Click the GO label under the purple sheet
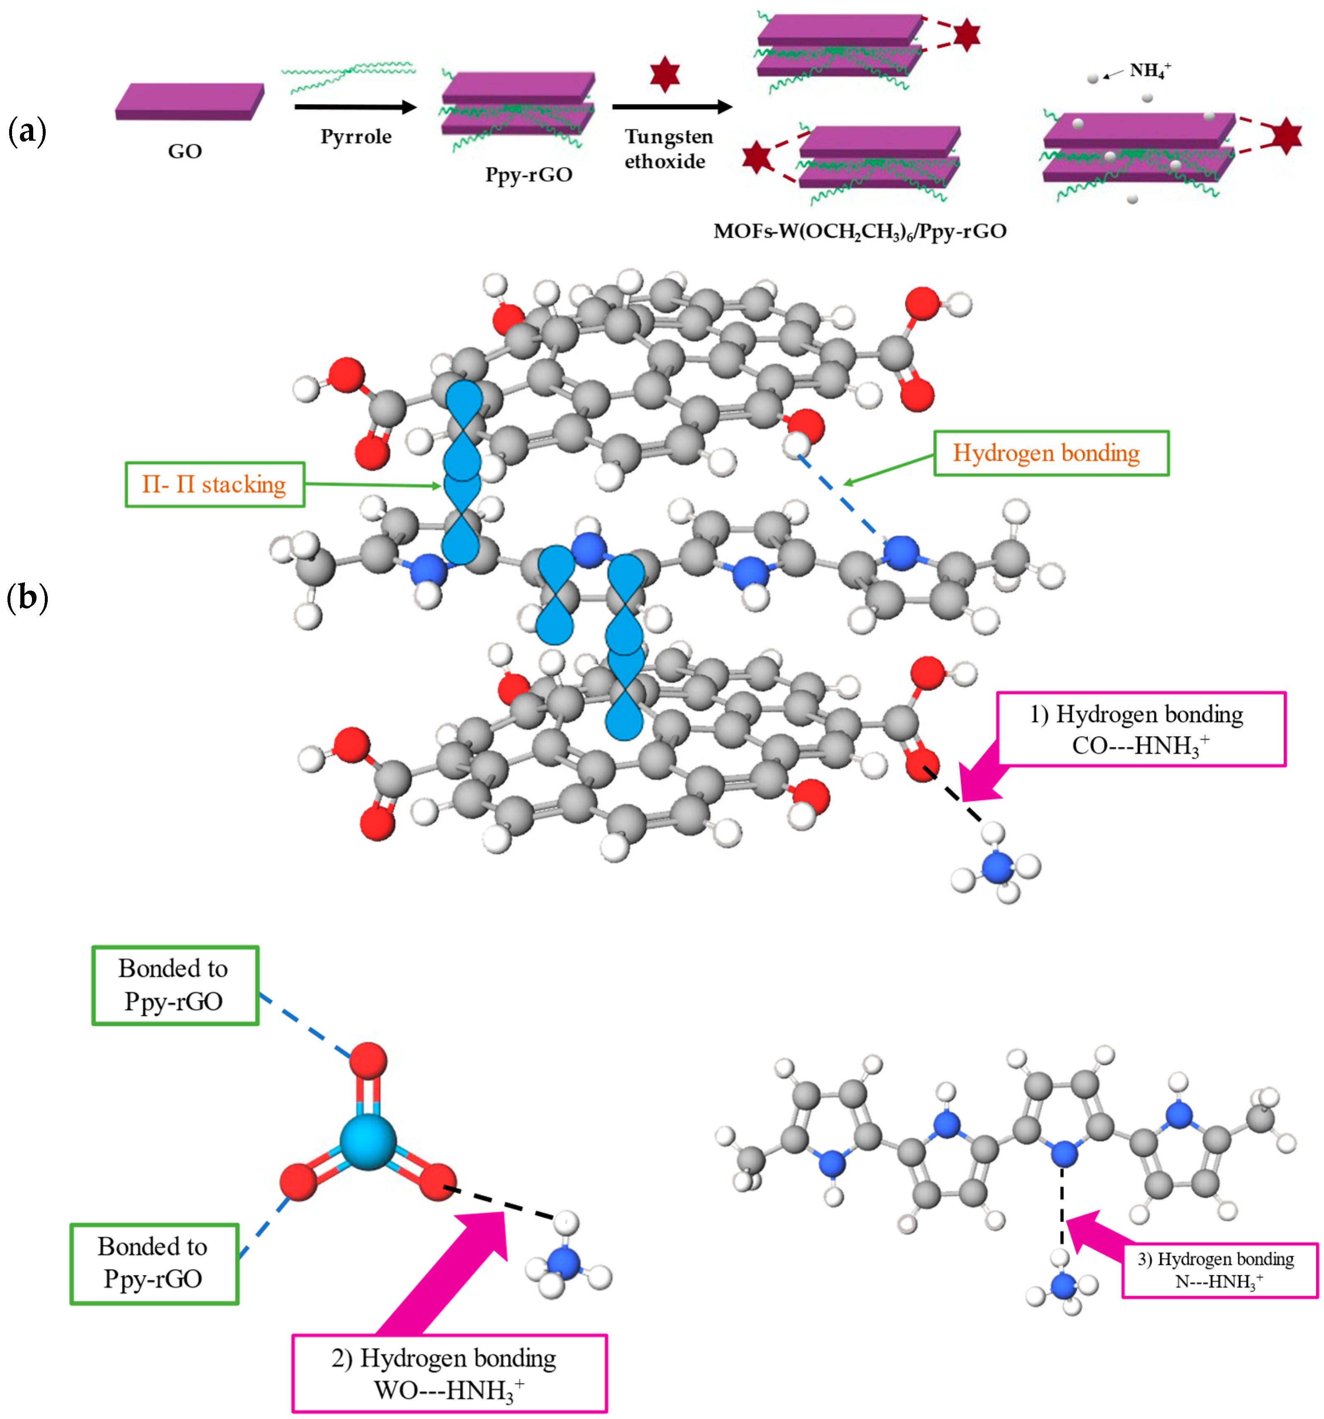185,151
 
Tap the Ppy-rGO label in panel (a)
529,175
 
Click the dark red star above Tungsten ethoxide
664,76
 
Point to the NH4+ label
1150,71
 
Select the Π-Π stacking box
215,485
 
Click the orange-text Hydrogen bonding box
1050,453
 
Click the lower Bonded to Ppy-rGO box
154,1263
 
